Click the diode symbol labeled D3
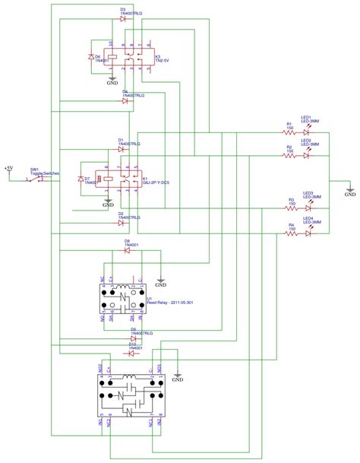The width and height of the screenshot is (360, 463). tap(122, 17)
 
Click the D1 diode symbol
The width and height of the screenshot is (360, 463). tap(122, 147)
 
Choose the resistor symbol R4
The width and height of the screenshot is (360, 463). tap(290, 233)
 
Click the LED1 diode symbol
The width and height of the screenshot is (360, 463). tap(307, 131)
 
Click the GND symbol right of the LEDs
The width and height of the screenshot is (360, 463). tap(349, 192)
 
